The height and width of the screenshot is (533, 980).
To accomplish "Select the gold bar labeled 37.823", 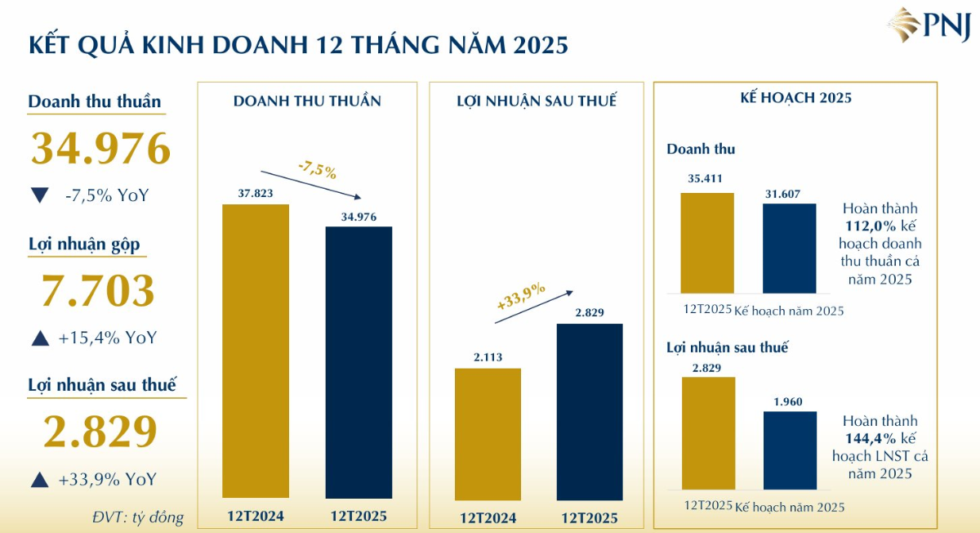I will coord(256,351).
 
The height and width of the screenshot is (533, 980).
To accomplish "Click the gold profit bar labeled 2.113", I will coord(488,434).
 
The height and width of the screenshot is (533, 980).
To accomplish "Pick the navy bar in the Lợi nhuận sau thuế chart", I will coord(590,412).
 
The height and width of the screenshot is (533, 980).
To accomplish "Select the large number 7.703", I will coord(98,291).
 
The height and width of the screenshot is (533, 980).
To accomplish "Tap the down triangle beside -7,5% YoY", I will coord(39,195).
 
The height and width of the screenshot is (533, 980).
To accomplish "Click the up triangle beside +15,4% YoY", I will coord(39,338).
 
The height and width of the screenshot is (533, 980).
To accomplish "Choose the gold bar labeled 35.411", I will coord(707,243).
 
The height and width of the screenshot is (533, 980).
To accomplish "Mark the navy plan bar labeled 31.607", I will coord(789,249).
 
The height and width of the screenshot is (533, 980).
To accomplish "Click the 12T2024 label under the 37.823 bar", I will coord(256,517).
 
